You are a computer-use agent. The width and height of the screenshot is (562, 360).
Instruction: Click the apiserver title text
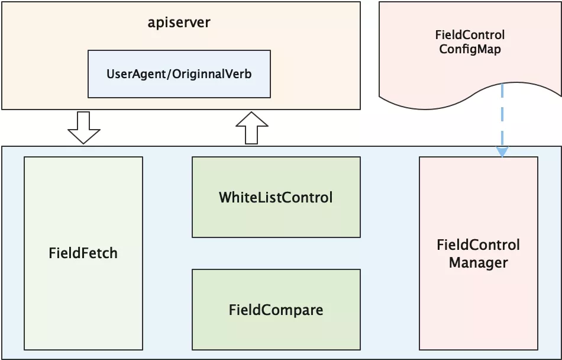179,22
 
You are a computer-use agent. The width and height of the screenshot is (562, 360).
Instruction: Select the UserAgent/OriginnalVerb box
179,74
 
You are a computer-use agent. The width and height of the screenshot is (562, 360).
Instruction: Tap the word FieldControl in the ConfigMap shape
470,35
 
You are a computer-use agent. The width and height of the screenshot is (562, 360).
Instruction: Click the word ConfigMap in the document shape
470,49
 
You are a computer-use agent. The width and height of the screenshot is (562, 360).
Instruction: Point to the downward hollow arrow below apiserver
84,128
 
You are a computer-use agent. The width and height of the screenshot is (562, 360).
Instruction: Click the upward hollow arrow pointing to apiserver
251,128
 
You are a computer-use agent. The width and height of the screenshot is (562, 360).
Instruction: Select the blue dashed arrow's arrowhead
502,152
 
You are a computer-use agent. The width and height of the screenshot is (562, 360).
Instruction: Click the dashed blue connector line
502,115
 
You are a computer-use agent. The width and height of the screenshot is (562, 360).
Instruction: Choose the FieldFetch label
83,253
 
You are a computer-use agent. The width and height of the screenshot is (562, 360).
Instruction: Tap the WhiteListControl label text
276,197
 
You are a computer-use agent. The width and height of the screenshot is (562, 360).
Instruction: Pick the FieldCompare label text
276,310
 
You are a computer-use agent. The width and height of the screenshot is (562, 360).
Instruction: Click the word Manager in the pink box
479,263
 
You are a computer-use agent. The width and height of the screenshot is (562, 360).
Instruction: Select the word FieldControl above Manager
479,245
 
